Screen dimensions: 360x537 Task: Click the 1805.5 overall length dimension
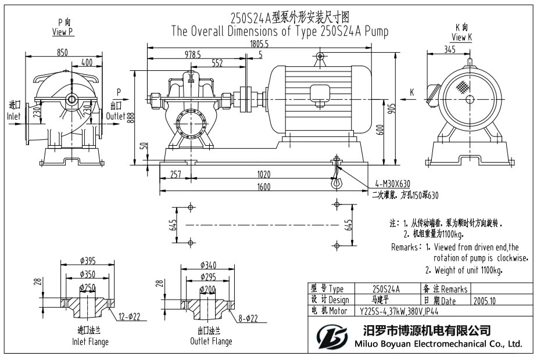tap(259, 44)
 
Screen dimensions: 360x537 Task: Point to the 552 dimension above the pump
tap(217, 63)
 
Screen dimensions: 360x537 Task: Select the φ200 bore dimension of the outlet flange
tap(206, 289)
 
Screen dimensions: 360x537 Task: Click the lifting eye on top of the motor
tap(319, 57)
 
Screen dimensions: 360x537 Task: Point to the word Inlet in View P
tap(13, 116)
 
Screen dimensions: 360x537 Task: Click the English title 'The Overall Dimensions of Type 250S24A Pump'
tap(280, 31)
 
